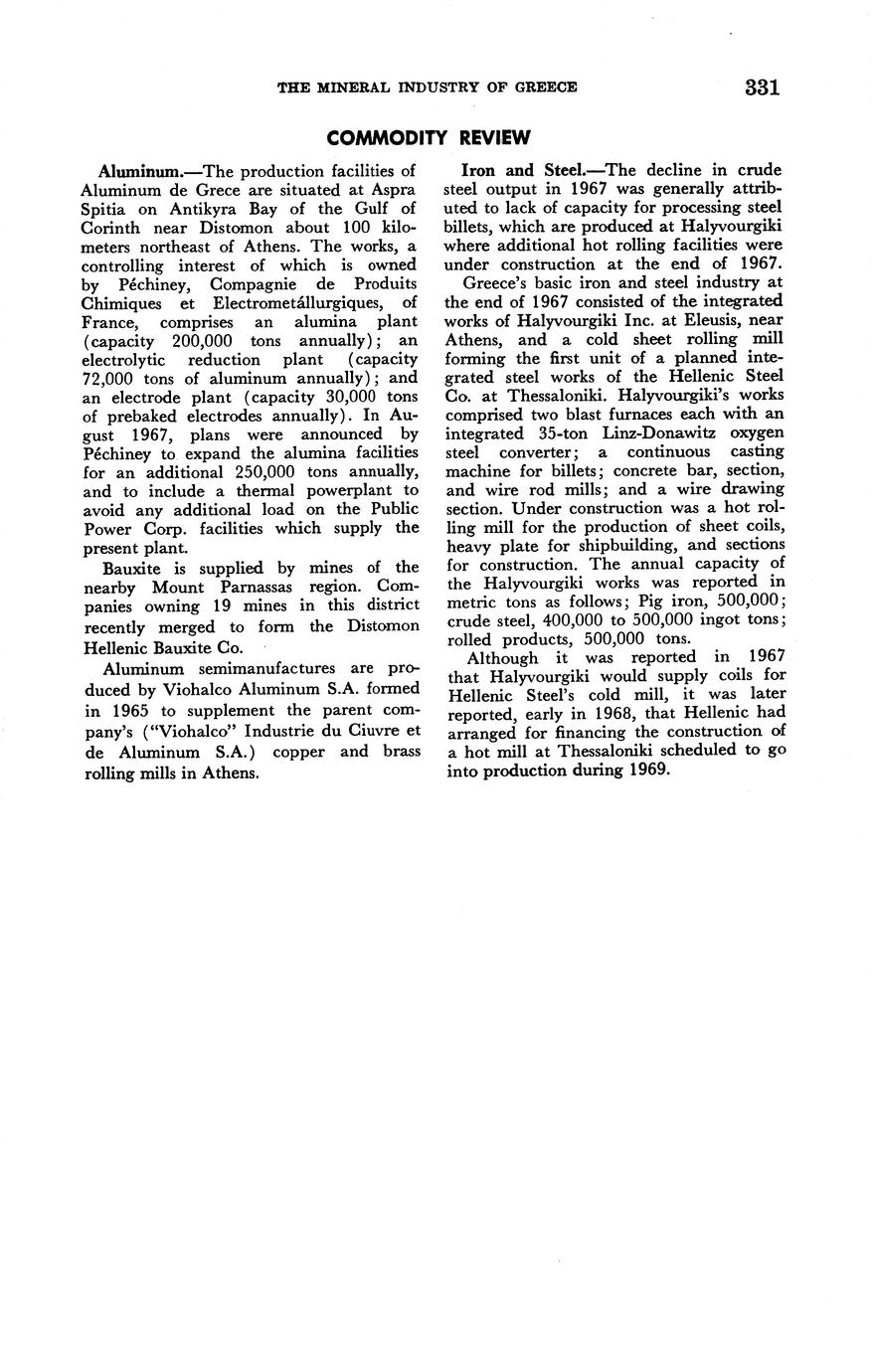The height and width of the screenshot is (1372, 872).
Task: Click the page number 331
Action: [x=761, y=86]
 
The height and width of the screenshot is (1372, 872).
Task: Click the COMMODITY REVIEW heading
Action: [x=429, y=137]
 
